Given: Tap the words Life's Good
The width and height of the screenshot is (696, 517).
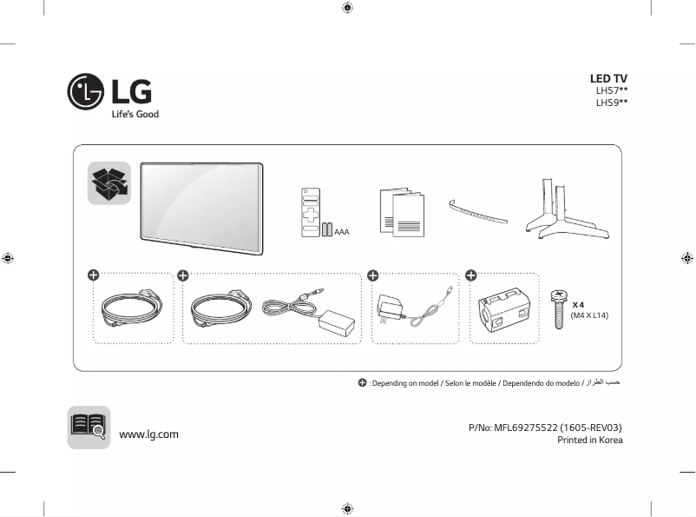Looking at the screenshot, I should coord(135,115).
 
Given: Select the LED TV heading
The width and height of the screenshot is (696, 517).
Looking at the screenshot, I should coord(608,79).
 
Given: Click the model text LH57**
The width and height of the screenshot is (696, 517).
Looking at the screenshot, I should coord(611,90).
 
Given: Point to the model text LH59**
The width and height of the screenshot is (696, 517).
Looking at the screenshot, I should coord(611,103).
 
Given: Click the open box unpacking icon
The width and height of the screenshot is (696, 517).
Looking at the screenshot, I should coord(109,183).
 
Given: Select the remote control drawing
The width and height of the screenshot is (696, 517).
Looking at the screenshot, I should coord(311,212).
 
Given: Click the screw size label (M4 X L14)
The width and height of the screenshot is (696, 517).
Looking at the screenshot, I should coord(589,315).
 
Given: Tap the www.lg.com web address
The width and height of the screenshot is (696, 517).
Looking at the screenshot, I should coord(148,434).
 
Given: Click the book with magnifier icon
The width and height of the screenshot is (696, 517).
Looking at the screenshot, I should coord(89,428).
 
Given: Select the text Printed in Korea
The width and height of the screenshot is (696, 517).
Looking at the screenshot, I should coord(589,440).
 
